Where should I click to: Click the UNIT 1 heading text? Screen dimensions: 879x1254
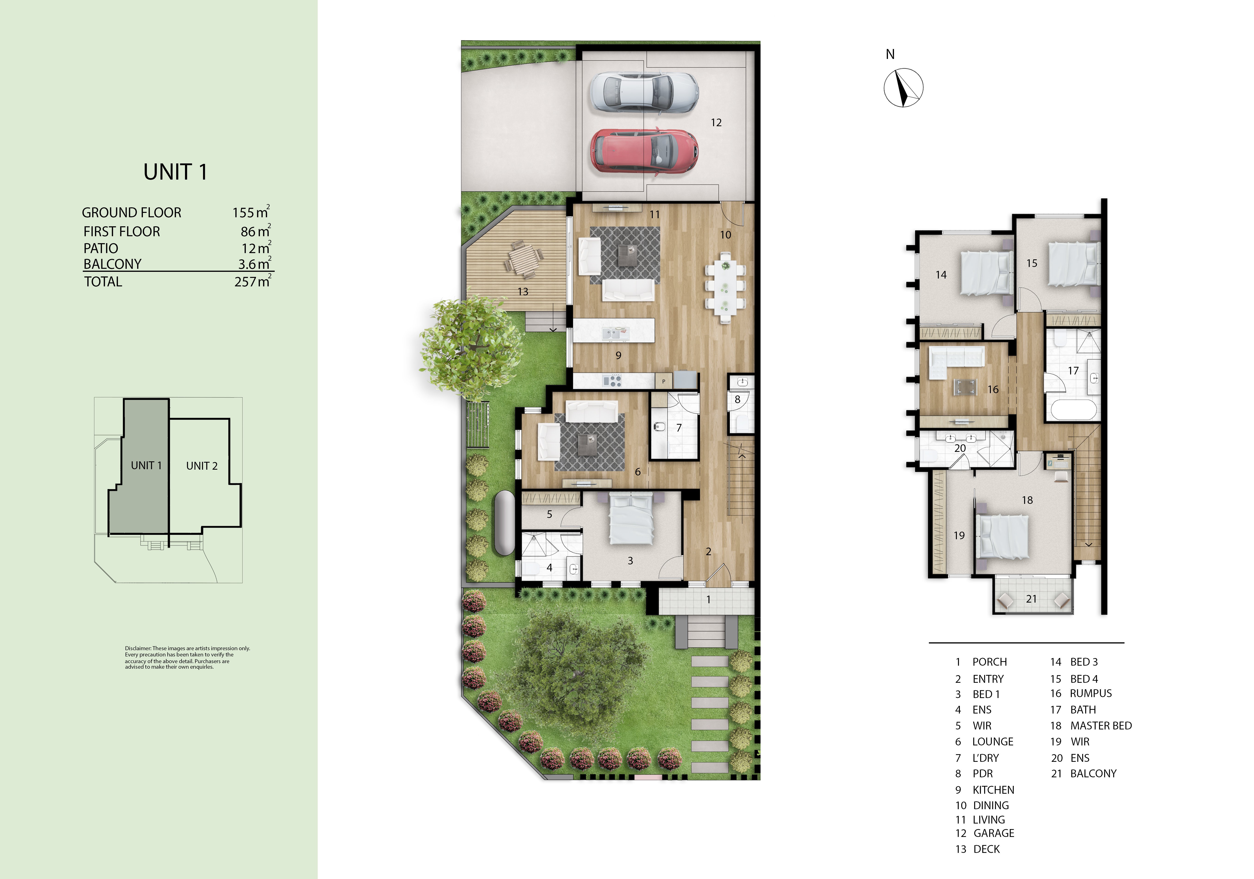pos(175,172)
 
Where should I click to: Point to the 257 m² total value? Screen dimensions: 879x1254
pos(252,282)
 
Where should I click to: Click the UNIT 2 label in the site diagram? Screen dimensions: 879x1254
pos(202,466)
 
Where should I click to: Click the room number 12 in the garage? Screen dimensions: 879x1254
pos(716,123)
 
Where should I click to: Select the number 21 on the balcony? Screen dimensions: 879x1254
pos(1031,599)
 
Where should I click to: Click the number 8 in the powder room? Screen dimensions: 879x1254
pos(737,399)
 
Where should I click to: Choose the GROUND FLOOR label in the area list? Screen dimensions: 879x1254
pos(132,212)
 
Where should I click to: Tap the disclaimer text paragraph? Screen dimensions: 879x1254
pos(187,657)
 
